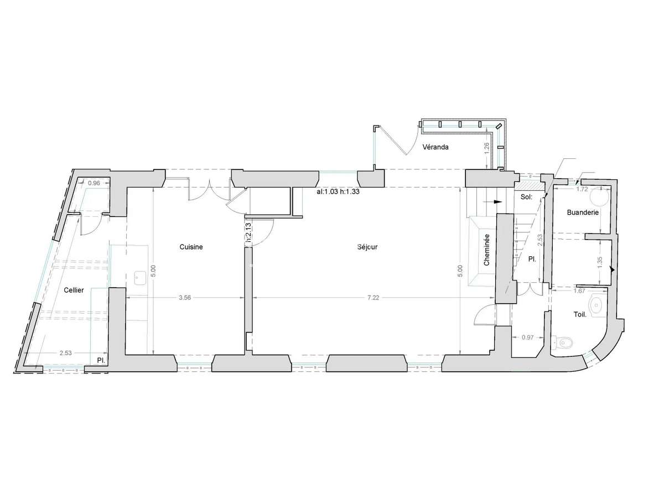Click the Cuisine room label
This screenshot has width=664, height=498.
pos(191,247)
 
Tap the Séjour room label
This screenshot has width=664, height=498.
pos(367,247)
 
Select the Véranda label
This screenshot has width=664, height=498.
pos(435,147)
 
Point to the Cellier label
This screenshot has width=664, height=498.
pos(74,290)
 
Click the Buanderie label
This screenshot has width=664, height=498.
pos(583,212)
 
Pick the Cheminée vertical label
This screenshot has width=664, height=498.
pos(486,250)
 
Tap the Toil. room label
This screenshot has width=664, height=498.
pos(580,314)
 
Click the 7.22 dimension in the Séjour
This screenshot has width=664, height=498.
pos(373,298)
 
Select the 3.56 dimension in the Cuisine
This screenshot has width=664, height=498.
pos(184,298)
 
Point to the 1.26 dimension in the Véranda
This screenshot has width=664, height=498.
pos(487,148)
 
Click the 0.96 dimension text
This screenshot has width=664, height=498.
pos(94,183)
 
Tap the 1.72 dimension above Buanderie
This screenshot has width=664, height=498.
pos(582,189)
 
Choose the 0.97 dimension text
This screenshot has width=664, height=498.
pos(527,337)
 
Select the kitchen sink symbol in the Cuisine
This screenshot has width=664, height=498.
pos(141,278)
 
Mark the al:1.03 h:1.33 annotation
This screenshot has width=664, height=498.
pos(338,191)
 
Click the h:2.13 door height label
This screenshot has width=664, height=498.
pos(248,233)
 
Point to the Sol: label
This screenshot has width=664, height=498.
pos(526,197)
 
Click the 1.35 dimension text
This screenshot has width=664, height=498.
pos(600,262)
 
